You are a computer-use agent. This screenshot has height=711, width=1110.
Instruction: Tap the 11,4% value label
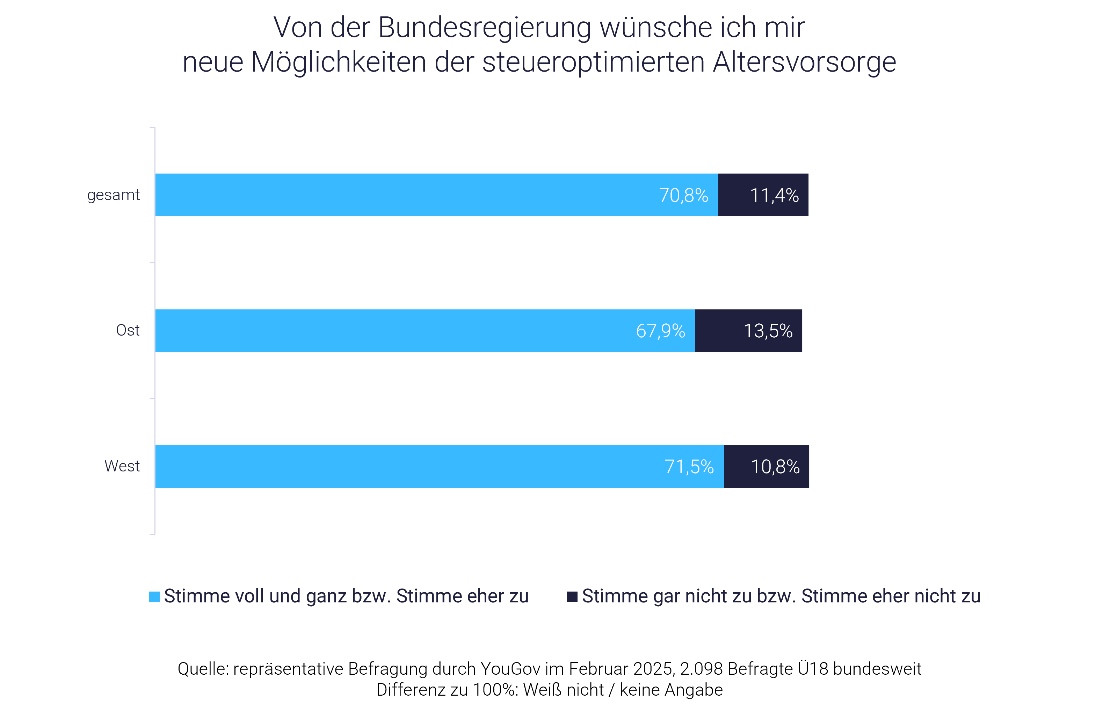pyautogui.click(x=774, y=195)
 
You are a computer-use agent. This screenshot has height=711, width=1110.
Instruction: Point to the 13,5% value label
pyautogui.click(x=768, y=331)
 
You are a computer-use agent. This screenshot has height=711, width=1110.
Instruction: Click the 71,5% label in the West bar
pyautogui.click(x=689, y=467)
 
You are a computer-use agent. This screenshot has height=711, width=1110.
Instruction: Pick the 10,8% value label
pyautogui.click(x=775, y=467)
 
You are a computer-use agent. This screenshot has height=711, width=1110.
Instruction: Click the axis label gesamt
pyautogui.click(x=113, y=195)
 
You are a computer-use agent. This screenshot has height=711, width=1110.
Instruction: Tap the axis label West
pyautogui.click(x=122, y=466)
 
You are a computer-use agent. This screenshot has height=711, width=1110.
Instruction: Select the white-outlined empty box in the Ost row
pyautogui.click(x=876, y=331)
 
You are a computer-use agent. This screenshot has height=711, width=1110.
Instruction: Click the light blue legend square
pyautogui.click(x=154, y=596)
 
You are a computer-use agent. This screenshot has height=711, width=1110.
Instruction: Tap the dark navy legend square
pyautogui.click(x=572, y=596)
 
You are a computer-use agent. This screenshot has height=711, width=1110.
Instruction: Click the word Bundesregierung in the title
pyautogui.click(x=485, y=28)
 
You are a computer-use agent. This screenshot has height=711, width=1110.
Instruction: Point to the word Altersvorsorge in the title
pyautogui.click(x=804, y=62)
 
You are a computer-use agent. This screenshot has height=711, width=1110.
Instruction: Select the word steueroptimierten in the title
pyautogui.click(x=593, y=62)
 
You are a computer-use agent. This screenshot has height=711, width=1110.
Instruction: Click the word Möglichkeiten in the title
pyautogui.click(x=339, y=62)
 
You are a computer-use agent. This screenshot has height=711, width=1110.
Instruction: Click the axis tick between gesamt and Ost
pyautogui.click(x=152, y=263)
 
